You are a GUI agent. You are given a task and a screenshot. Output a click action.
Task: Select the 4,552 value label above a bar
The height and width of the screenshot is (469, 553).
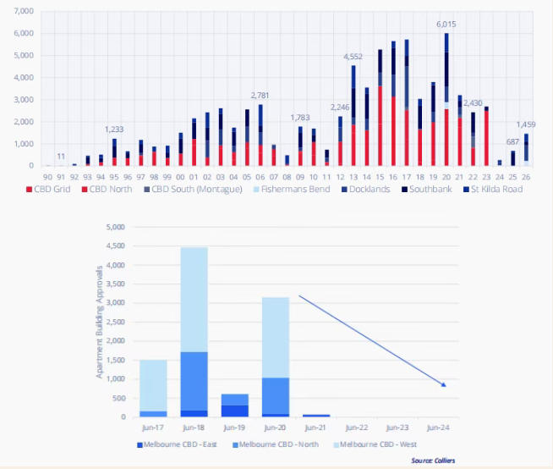353,57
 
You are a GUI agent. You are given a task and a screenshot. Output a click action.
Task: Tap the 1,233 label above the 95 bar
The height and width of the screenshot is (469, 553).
114,130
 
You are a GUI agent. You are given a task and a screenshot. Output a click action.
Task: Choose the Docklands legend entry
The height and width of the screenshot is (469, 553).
368,189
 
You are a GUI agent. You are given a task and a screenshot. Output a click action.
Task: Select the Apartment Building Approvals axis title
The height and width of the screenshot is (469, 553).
99,322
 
